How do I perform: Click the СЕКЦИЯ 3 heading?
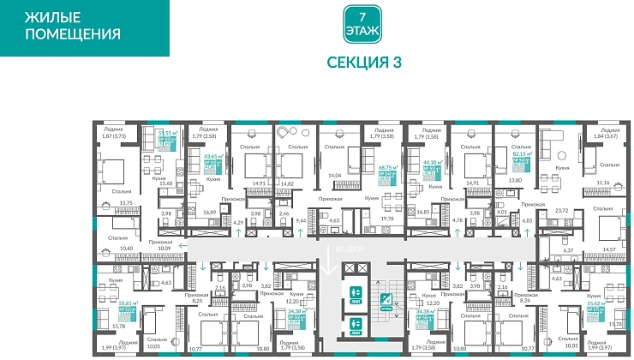[364, 62]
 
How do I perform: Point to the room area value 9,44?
[301, 220]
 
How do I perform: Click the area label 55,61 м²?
[105, 304]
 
